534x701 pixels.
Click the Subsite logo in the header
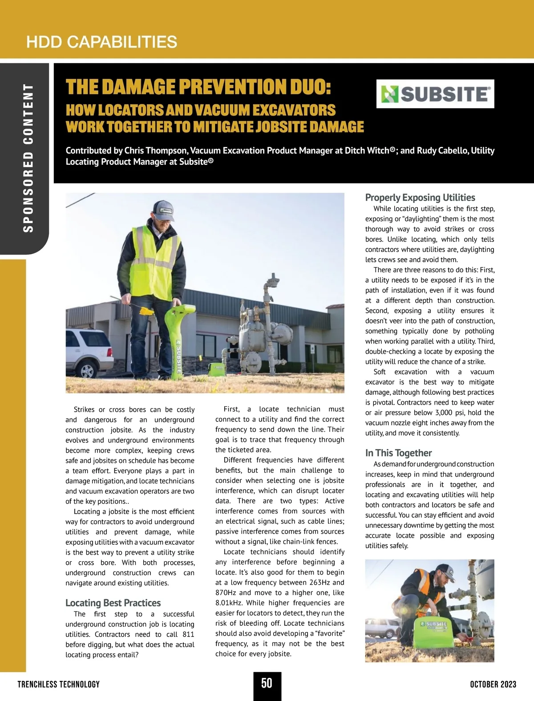coord(435,94)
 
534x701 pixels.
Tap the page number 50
coord(267,683)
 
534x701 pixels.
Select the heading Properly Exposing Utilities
coord(420,198)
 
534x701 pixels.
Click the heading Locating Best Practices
coord(113,603)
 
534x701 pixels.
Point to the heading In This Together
coord(398,453)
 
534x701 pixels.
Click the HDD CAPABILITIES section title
coord(101,42)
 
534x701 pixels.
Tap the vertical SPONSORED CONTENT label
coord(28,158)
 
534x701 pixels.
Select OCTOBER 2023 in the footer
coord(493,685)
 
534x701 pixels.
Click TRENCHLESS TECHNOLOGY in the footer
coord(59,685)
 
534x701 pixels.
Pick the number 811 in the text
coord(188,635)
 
